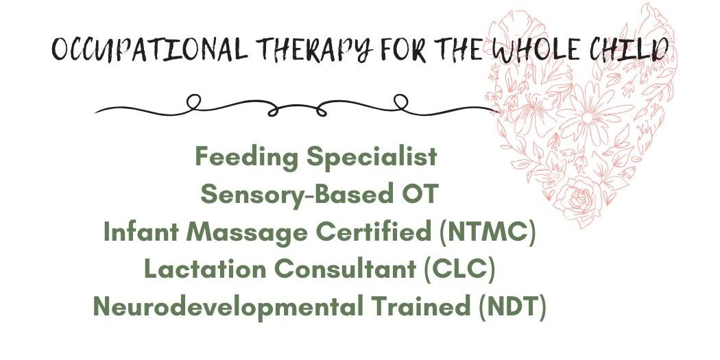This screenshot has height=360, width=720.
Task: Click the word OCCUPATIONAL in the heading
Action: point(149,49)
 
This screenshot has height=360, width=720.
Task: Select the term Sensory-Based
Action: point(294,195)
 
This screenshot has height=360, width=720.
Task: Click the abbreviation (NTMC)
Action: point(487,233)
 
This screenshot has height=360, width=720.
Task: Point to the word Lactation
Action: point(205,269)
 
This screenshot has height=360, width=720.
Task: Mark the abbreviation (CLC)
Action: point(459,269)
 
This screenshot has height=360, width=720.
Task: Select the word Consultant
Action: point(345,269)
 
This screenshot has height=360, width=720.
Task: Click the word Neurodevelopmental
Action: point(228,307)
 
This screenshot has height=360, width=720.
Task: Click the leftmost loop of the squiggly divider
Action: point(194,101)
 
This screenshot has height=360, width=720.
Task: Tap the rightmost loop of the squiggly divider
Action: point(401,101)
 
